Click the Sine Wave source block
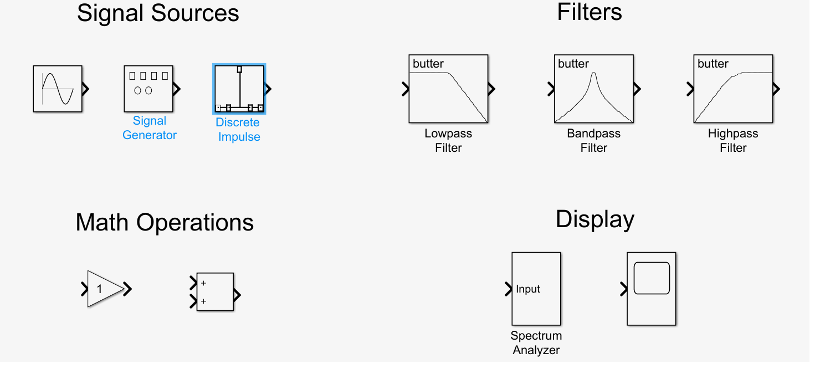click(x=58, y=89)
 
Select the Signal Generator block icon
click(x=148, y=89)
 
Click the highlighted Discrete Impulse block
click(x=239, y=89)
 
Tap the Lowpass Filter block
click(x=448, y=89)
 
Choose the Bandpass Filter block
click(x=593, y=89)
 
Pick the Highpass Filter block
click(x=732, y=89)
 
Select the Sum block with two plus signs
click(x=215, y=291)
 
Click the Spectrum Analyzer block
click(x=536, y=289)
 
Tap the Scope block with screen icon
click(x=651, y=289)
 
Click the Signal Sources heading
click(x=158, y=13)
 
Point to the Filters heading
click(x=590, y=12)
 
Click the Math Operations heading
click(x=165, y=223)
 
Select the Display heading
click(x=595, y=219)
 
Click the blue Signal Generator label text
click(x=150, y=128)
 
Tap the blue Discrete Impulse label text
click(x=238, y=130)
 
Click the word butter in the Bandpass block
click(x=573, y=64)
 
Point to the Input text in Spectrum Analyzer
click(x=528, y=289)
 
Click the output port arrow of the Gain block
click(x=127, y=289)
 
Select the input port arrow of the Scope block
click(x=623, y=289)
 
